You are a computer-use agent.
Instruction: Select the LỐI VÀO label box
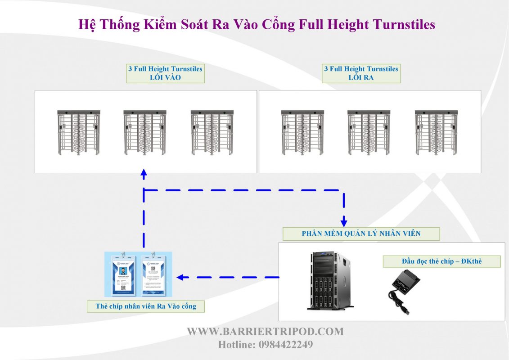[x=165, y=73]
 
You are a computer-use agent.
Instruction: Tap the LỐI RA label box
[x=361, y=73]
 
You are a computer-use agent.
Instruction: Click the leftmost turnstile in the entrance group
[x=79, y=133]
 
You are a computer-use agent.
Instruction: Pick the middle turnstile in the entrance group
[x=145, y=133]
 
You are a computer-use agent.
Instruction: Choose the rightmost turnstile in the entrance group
[x=212, y=133]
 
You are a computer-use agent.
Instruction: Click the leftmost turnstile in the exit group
[x=302, y=133]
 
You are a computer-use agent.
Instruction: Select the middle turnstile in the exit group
[x=369, y=133]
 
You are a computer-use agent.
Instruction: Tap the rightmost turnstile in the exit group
[x=436, y=133]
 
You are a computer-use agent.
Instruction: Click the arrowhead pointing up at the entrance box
[x=144, y=173]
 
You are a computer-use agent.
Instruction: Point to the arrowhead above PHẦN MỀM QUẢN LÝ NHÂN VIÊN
[x=344, y=222]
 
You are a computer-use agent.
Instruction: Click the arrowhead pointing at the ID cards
[x=180, y=277]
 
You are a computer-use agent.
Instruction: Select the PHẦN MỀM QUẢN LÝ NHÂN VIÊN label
[x=361, y=234]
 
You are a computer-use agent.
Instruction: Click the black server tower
[x=329, y=281]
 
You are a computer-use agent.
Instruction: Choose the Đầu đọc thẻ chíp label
[x=441, y=261]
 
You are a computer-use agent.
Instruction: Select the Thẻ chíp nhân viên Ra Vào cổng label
[x=146, y=306]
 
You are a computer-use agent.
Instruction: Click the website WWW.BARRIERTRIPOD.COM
[x=265, y=332]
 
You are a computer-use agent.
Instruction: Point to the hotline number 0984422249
[x=286, y=345]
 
